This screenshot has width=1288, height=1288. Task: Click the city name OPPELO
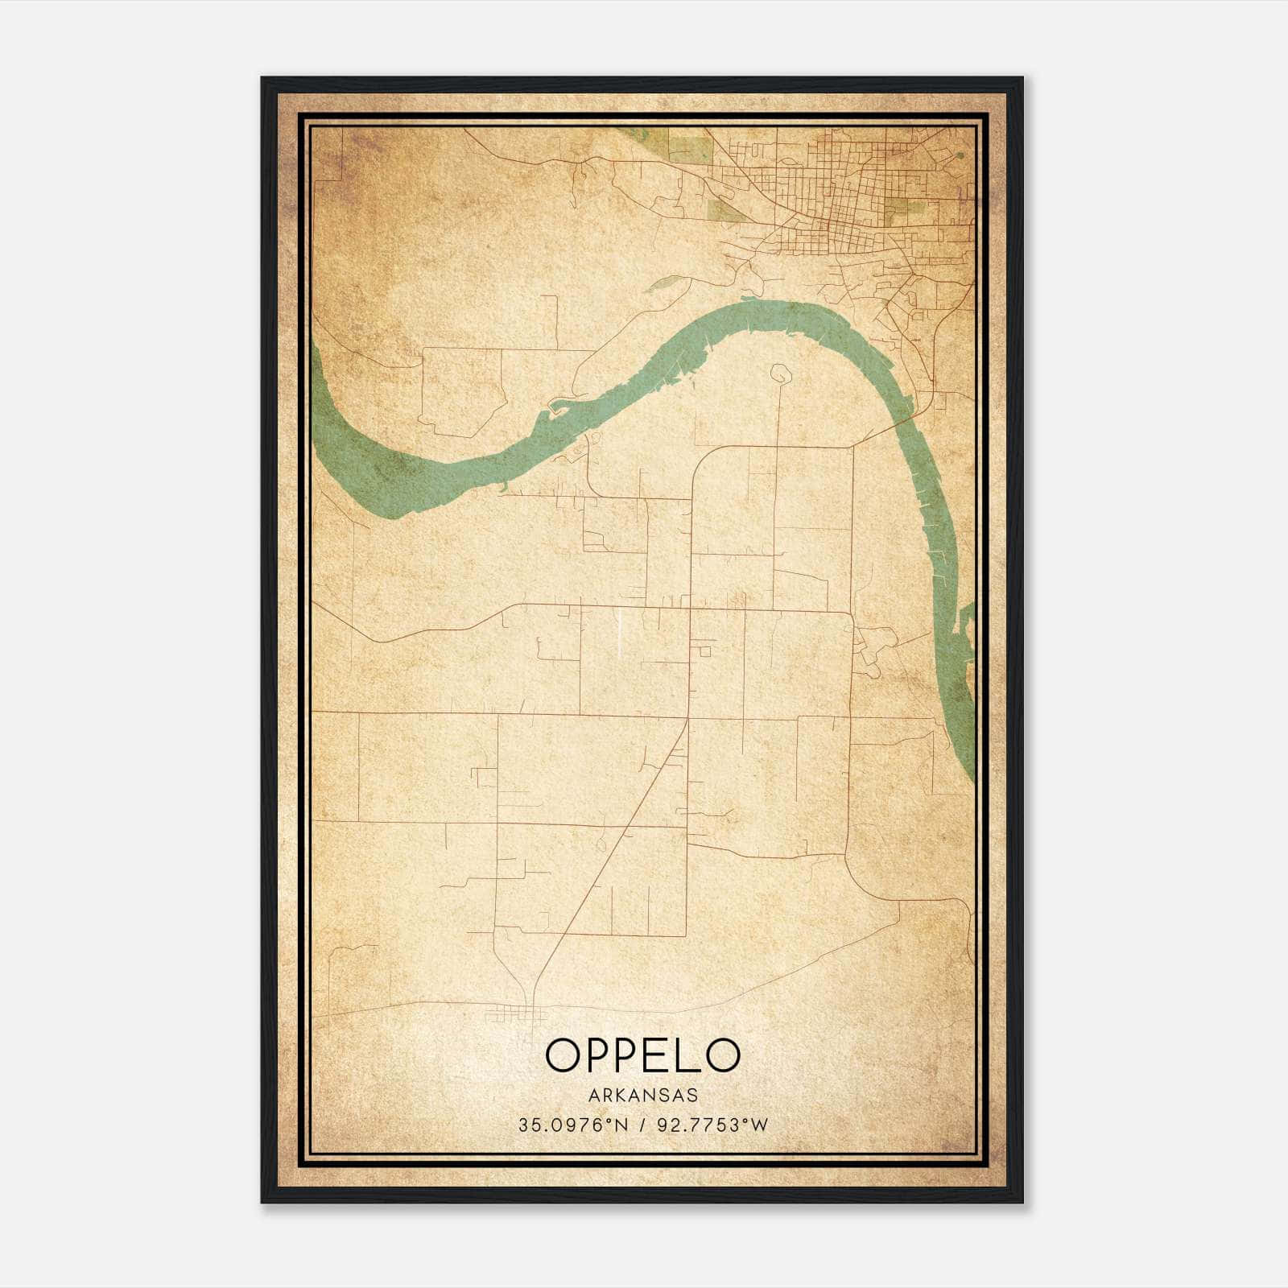(x=642, y=1055)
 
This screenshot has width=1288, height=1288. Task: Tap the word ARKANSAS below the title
(x=642, y=1096)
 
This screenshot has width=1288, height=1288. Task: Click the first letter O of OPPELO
(x=562, y=1055)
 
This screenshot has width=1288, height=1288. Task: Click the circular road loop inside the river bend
(x=778, y=372)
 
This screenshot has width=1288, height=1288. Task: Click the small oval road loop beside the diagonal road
(x=601, y=844)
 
